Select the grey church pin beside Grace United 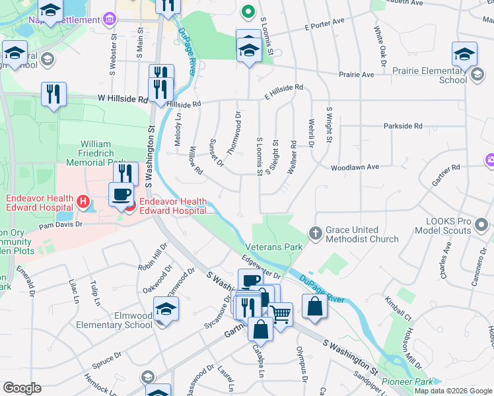coord(316,233)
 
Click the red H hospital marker coord(83,201)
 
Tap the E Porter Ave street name coord(325,27)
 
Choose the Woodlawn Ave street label coord(355,168)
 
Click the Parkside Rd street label coord(402,125)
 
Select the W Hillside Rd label coord(123,100)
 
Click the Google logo coord(22,388)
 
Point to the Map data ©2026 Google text coord(452,391)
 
